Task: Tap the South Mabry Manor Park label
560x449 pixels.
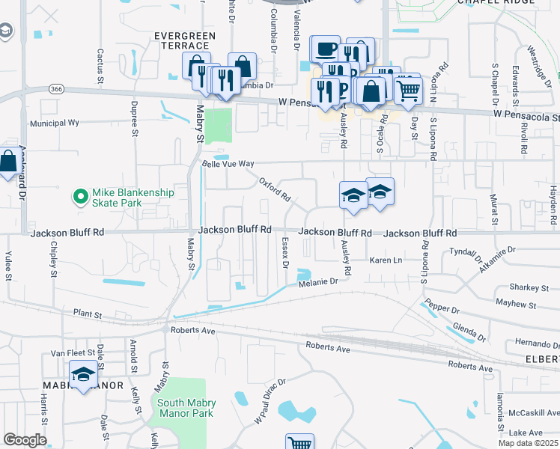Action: pos(185,408)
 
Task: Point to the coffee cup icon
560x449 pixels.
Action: pos(325,49)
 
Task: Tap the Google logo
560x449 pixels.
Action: pos(25,440)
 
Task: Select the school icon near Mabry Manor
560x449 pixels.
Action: pos(83,374)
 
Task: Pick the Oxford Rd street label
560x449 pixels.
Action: pos(275,190)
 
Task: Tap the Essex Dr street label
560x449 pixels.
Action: pos(284,252)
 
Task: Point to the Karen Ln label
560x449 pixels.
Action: pos(386,260)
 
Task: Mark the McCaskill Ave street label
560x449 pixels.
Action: pos(532,413)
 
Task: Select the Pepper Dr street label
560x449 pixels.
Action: pos(439,308)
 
